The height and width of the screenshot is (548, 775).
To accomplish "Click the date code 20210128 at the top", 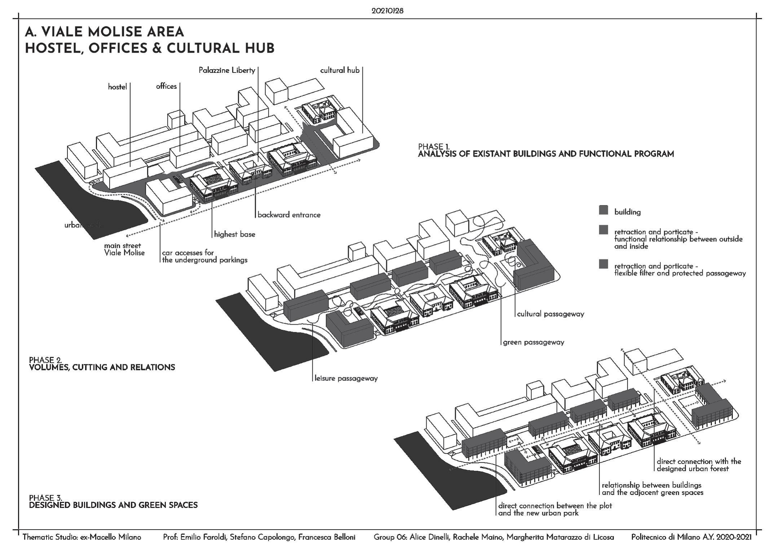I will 387,11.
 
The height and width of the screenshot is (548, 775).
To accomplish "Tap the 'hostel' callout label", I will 118,87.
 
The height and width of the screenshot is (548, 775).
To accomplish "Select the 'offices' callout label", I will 166,86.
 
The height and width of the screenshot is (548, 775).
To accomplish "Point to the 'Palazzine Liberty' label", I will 227,70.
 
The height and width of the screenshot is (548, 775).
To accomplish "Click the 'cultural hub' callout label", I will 340,70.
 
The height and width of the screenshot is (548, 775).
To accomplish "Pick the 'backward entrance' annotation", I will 289,215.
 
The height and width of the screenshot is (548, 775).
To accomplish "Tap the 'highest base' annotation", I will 234,234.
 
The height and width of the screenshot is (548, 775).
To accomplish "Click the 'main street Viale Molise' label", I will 124,249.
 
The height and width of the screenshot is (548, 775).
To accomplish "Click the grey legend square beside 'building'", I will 603,210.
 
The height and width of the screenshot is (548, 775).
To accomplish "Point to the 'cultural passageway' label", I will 550,314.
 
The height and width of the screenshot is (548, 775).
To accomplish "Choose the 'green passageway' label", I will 533,342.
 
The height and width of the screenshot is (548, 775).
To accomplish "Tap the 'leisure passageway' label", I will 345,378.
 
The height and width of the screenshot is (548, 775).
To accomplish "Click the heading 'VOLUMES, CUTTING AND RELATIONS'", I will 102,368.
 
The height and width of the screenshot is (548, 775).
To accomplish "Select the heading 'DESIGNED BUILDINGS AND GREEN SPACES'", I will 113,505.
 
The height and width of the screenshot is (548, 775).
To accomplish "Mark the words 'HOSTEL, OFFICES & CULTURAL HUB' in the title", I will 150,48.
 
